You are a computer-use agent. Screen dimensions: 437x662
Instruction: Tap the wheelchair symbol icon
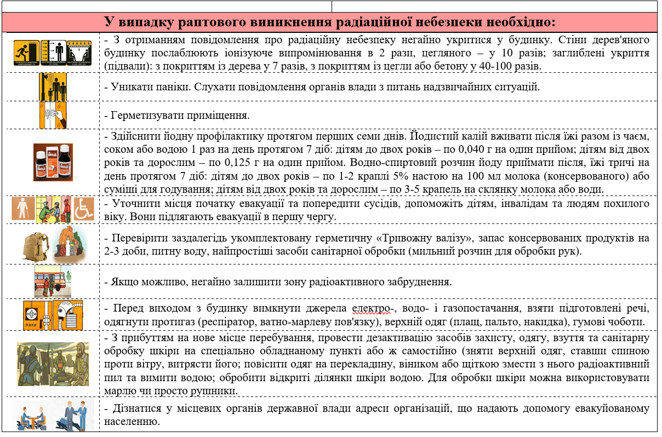click(84, 209)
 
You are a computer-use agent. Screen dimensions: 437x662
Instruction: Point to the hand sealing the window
click(53, 114)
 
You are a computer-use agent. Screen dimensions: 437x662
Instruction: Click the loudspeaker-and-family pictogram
click(53, 86)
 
